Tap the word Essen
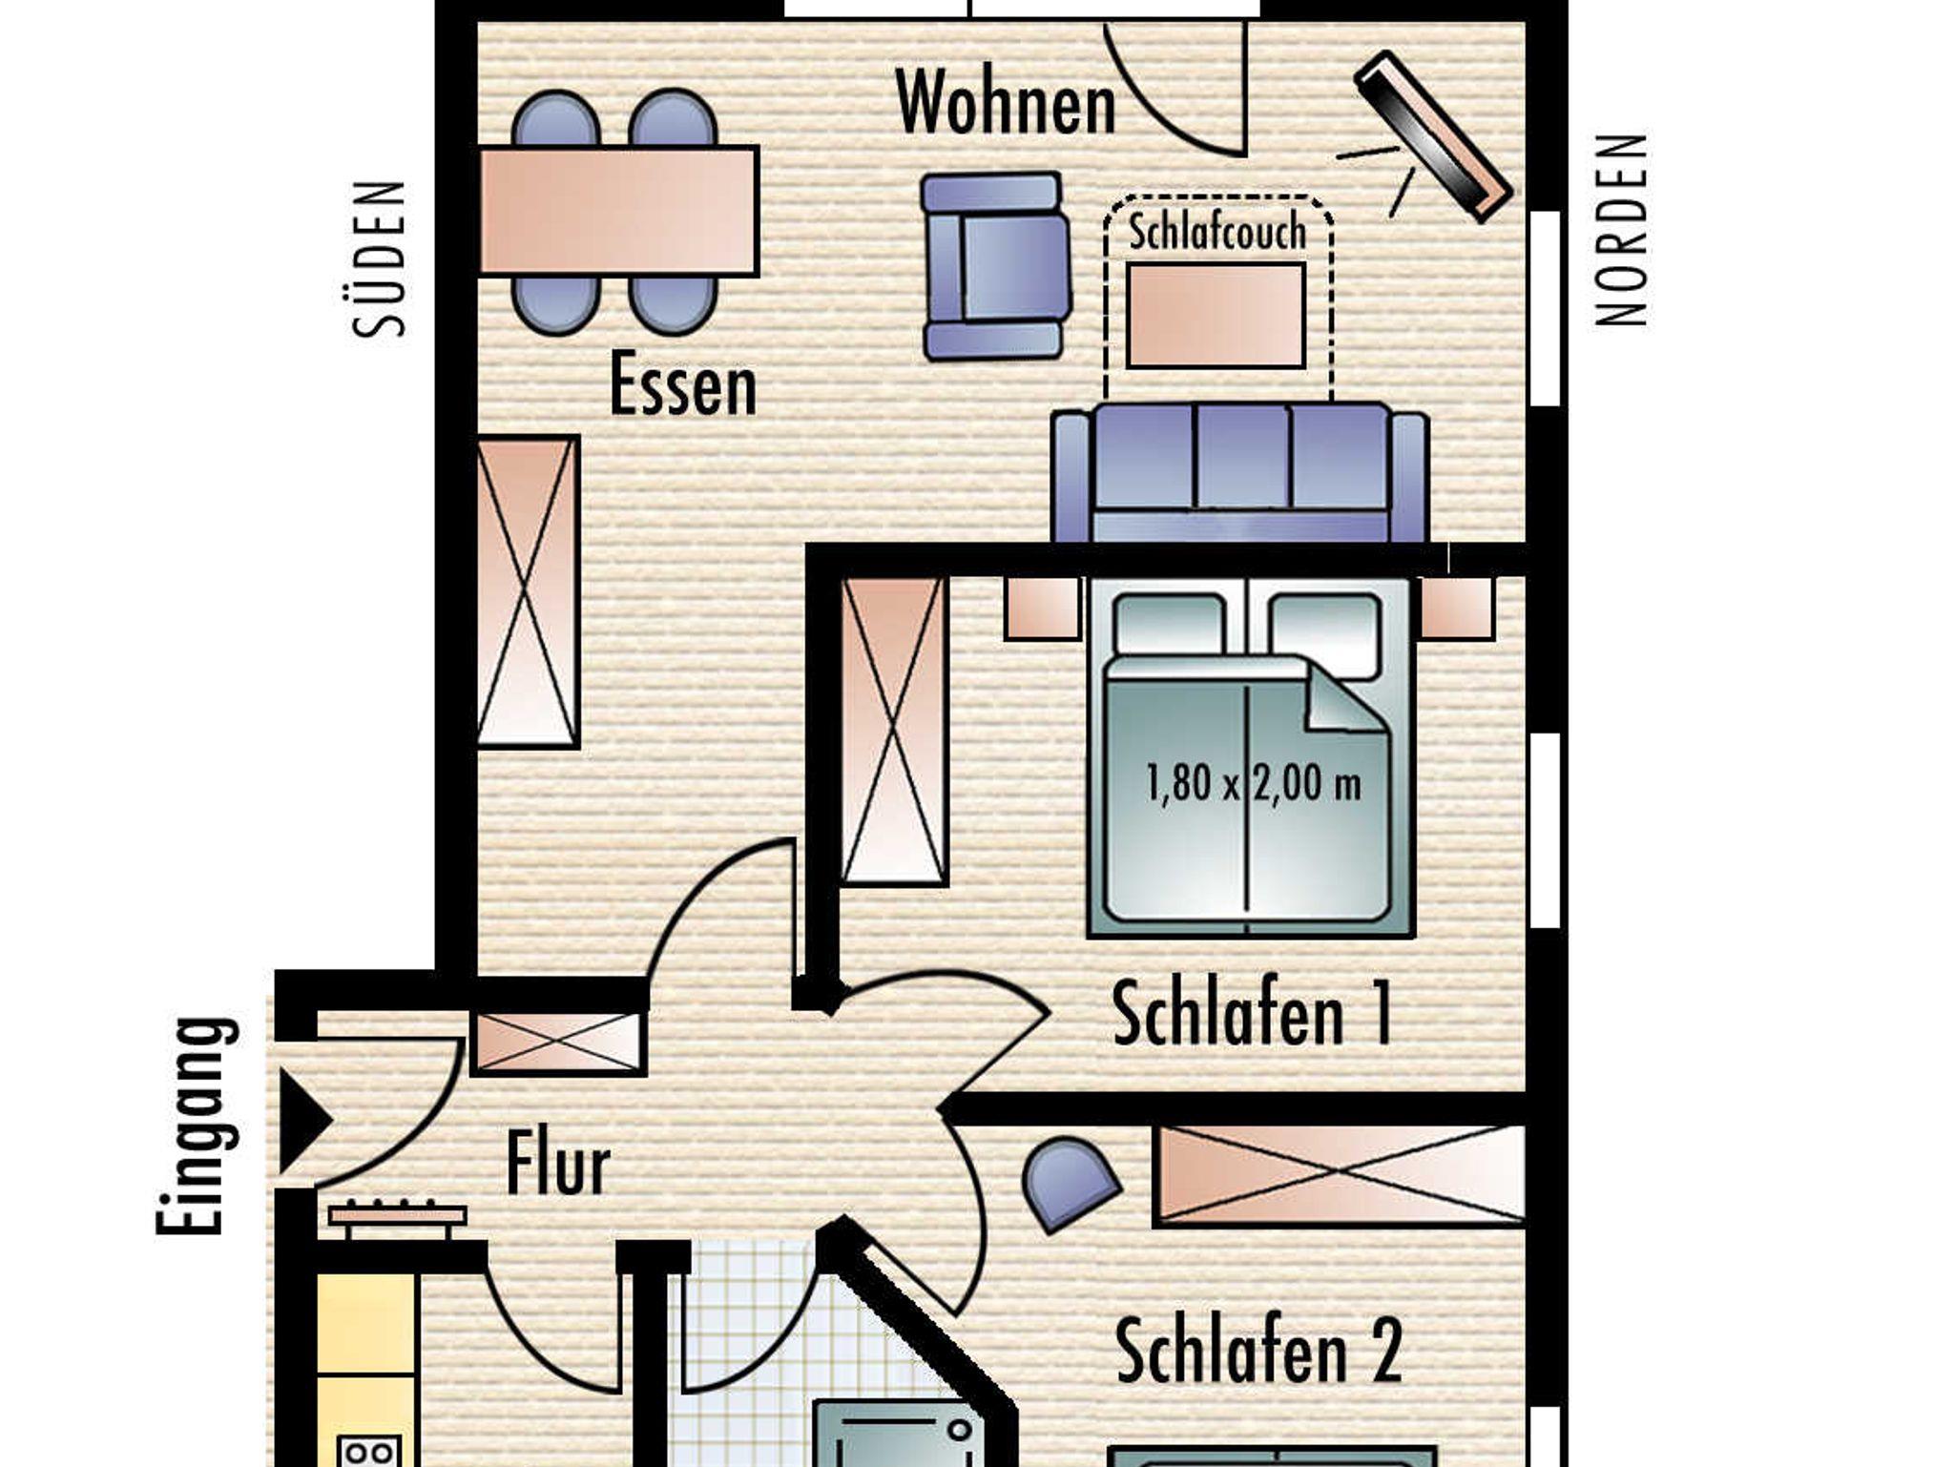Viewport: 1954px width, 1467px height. coord(683,384)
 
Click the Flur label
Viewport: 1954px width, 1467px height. coord(557,1163)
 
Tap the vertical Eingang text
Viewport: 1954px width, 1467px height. coord(196,1126)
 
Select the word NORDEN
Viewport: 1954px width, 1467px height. coord(1621,230)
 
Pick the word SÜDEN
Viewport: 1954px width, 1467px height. coord(379,259)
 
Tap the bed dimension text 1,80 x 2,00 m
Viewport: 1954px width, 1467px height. coord(1253,783)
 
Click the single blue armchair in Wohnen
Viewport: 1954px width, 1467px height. coord(995,266)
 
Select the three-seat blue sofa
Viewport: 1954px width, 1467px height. coord(1239,473)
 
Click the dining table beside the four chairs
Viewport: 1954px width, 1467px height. coord(618,211)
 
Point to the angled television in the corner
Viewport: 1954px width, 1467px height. coord(1433,136)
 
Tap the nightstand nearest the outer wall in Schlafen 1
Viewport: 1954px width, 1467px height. coord(1457,608)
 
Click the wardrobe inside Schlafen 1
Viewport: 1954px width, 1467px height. coord(894,731)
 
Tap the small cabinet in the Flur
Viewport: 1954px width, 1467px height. coord(558,1042)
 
